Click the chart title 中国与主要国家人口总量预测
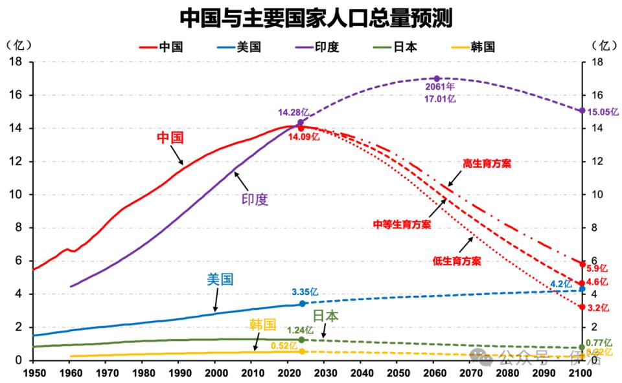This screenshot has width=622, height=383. (316, 18)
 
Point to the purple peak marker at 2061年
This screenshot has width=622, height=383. (437, 79)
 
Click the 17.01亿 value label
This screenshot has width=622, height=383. (441, 99)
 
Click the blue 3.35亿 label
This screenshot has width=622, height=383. (305, 292)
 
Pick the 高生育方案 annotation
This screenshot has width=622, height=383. (487, 164)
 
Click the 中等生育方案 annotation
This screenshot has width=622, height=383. (402, 224)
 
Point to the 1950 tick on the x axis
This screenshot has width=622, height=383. (32, 373)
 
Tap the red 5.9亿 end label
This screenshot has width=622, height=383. (597, 268)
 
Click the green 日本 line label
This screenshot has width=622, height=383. (326, 316)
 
